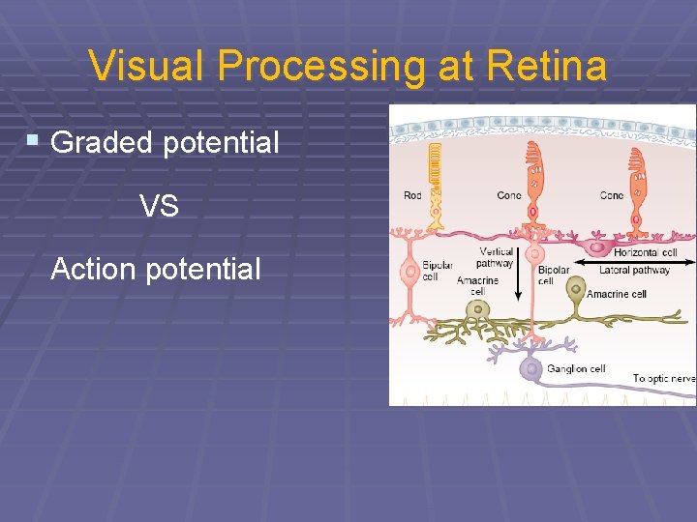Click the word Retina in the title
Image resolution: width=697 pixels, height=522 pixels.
pos(547,67)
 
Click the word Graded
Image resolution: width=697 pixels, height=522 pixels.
pos(102,143)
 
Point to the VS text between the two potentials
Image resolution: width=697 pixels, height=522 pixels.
pos(159,206)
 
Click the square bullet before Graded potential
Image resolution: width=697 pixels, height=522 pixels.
pos(33,141)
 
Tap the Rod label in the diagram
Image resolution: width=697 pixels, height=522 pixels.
pos(412,196)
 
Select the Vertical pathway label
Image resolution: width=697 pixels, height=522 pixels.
pos(496,257)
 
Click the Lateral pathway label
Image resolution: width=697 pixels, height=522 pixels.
pos(634,271)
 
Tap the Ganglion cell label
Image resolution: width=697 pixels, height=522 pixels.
pos(576,368)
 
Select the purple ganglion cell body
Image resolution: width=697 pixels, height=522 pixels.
pos(530,368)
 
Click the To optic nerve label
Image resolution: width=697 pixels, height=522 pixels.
pos(664,378)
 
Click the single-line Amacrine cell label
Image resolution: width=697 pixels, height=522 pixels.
pos(616,294)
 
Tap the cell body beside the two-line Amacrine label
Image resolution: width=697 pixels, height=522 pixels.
pos(476,310)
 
